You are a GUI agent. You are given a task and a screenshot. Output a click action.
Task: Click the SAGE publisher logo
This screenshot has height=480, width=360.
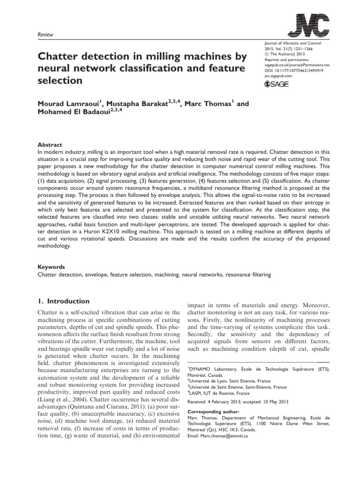pos(277,84)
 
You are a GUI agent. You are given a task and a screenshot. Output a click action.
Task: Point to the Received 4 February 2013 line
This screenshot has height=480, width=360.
pos(237,401)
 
